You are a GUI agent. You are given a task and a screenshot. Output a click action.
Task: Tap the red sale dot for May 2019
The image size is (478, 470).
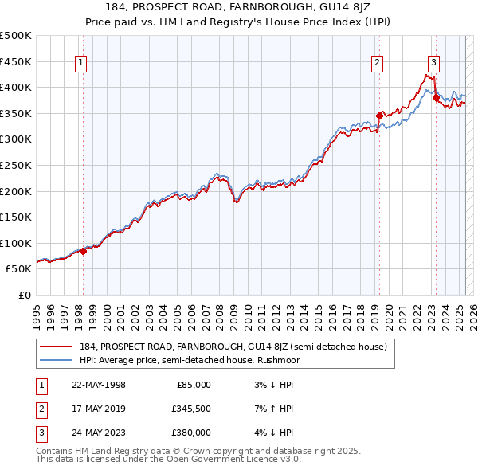point(379,115)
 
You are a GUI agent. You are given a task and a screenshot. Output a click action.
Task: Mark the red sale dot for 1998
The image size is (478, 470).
point(83,251)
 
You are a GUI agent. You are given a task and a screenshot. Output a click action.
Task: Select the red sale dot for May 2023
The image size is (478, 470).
point(436,96)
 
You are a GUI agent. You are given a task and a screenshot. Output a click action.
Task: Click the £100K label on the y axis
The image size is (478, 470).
point(16,243)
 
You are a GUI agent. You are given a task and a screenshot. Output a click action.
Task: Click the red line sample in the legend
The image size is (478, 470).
point(57,347)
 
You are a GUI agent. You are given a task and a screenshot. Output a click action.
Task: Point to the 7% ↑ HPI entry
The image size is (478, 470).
point(276,409)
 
